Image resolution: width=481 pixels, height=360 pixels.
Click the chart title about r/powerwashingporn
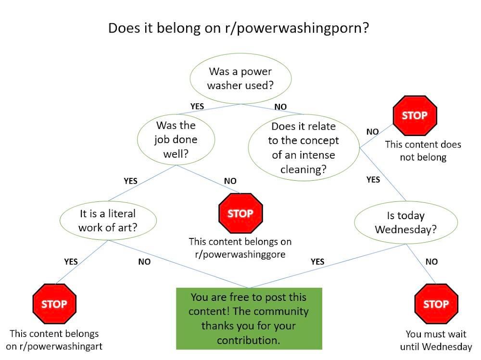coord(238,27)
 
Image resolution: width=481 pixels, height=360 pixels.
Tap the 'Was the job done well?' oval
coord(176,139)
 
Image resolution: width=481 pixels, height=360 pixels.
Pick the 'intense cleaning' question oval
coord(304,148)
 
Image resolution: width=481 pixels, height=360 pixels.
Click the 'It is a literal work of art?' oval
coord(108,221)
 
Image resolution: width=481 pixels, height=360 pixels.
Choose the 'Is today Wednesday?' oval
coord(405,223)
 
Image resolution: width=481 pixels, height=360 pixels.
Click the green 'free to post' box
coord(249,318)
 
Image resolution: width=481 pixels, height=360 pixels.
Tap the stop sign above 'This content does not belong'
coord(415,116)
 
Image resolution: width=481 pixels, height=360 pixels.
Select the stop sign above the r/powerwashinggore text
coord(240,213)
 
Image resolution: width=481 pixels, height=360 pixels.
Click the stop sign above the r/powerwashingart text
coord(54,304)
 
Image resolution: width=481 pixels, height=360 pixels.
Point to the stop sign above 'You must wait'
coord(436,304)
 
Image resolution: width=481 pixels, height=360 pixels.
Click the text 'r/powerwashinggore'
coord(240,254)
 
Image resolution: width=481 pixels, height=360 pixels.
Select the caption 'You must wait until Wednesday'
coord(436,340)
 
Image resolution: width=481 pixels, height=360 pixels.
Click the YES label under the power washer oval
coord(197,106)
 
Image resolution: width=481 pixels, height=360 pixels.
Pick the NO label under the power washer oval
coord(280,107)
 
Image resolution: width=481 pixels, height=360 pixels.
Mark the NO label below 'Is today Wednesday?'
coord(431,261)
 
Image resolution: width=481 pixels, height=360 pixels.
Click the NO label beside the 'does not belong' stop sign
coord(372,131)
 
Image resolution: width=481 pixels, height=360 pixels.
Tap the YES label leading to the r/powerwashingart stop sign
coord(71,261)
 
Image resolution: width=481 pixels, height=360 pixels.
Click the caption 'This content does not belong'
coord(423,150)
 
